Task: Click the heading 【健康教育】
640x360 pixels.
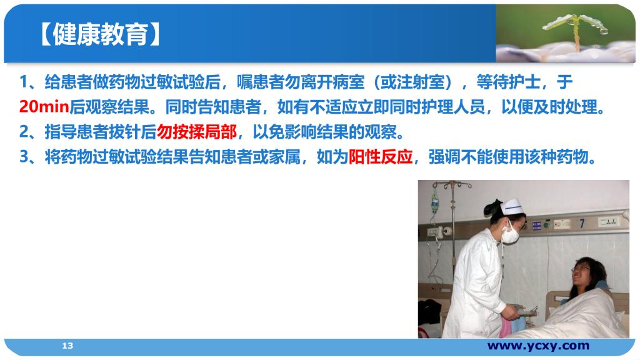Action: (99, 34)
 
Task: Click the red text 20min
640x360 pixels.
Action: (44, 107)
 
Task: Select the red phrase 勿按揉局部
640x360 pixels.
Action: (197, 132)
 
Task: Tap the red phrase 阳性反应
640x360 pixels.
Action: (381, 157)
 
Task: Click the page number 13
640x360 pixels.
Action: (67, 346)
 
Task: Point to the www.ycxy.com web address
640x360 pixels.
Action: (538, 346)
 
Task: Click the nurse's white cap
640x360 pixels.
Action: (512, 206)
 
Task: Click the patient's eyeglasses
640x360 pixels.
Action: (581, 269)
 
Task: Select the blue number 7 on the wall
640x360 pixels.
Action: (582, 223)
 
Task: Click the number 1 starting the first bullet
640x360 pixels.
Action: (24, 82)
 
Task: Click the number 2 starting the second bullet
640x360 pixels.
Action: (24, 132)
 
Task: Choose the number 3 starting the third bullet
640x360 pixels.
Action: (24, 157)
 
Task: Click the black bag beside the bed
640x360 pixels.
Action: (429, 312)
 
